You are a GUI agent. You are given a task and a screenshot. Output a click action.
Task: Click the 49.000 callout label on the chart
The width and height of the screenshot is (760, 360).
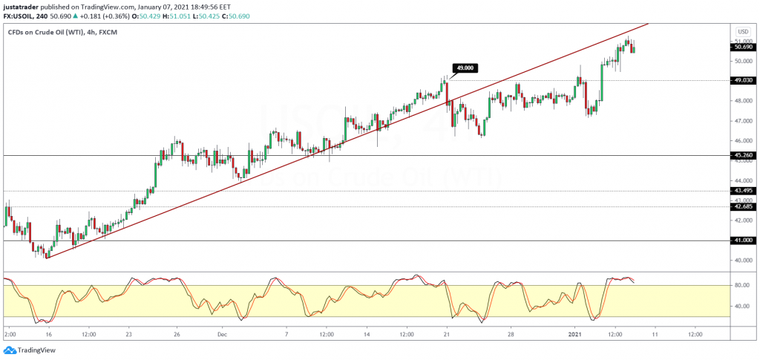[465, 68]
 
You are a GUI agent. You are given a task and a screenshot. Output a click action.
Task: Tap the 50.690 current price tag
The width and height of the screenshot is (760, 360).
[742, 47]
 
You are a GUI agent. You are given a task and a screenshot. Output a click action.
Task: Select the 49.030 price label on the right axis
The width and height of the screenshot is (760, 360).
[742, 80]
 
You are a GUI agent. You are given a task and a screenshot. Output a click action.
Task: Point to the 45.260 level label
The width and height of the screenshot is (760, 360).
[742, 155]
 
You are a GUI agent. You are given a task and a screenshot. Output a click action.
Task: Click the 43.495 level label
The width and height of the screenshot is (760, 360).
[742, 191]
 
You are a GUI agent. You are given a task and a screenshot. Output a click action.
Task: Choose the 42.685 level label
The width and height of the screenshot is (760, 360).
[742, 206]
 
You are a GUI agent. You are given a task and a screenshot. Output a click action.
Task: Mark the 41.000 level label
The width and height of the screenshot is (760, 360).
[742, 240]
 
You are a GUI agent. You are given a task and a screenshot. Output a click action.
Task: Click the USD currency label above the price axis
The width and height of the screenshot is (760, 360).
[742, 32]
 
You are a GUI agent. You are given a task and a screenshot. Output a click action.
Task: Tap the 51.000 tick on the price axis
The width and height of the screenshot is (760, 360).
[742, 41]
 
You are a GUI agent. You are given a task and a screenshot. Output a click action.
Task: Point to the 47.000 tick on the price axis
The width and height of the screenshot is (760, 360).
[742, 120]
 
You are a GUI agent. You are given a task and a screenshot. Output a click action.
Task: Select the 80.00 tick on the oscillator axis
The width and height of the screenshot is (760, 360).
[740, 284]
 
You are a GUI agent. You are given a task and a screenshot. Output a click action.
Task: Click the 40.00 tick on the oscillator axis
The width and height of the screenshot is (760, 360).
[740, 305]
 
